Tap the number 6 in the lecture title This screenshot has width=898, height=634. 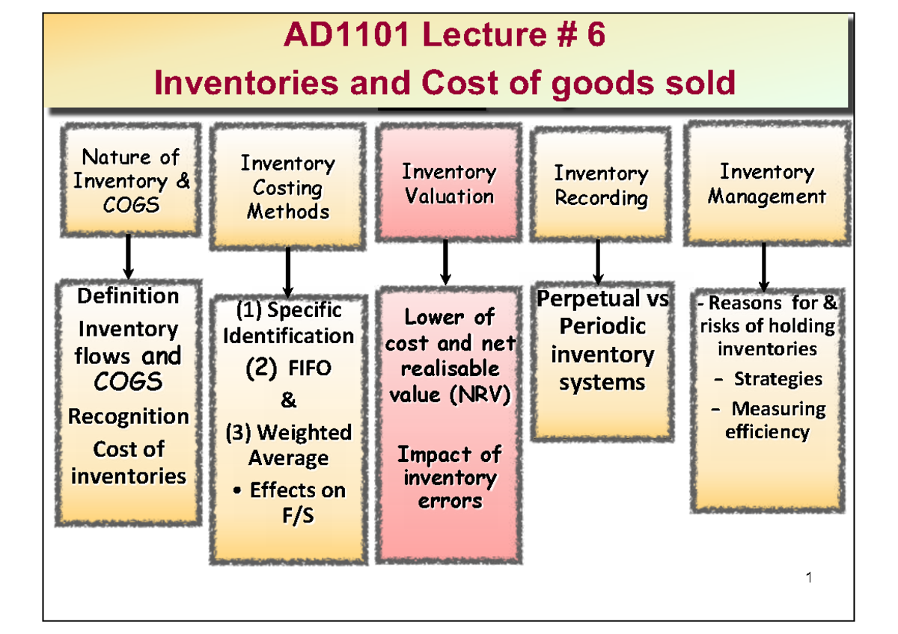[596, 37]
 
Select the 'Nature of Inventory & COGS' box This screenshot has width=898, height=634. [131, 181]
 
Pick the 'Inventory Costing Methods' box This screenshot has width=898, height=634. [288, 187]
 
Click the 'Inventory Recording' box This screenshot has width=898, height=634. [601, 185]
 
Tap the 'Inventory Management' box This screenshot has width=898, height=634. [767, 184]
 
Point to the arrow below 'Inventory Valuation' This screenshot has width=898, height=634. [446, 262]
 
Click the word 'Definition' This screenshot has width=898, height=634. [128, 296]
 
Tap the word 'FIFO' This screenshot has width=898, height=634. [309, 369]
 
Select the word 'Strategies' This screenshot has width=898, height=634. [778, 379]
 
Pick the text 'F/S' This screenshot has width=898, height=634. [297, 516]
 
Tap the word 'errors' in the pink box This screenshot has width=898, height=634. [450, 501]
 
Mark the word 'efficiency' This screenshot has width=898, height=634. [767, 431]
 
